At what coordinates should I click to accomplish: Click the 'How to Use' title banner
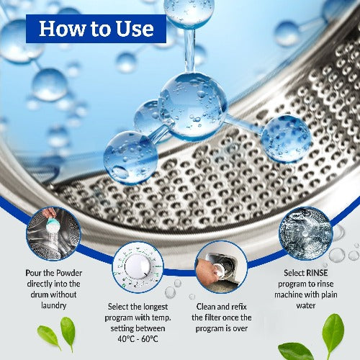click(x=96, y=29)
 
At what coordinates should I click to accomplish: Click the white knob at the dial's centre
click(x=138, y=266)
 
